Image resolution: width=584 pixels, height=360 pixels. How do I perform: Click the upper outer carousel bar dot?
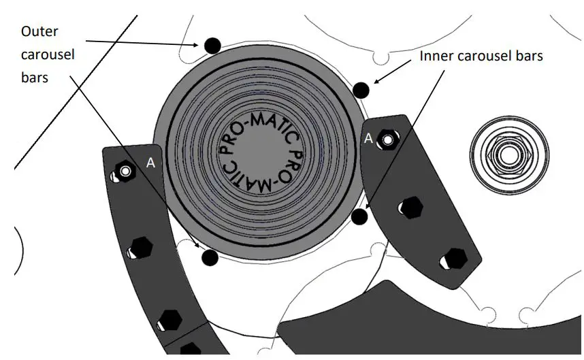(x=212, y=46)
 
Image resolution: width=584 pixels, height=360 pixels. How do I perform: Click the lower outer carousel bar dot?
(x=210, y=258)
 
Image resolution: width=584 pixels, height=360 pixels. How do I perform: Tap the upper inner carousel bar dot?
(x=361, y=89)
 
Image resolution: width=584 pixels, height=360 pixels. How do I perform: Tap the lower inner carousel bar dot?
(x=359, y=217)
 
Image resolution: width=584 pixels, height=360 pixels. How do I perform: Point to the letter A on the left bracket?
(x=150, y=163)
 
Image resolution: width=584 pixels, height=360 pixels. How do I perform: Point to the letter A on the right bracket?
(x=368, y=138)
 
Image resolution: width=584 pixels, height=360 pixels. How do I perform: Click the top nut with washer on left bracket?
(x=125, y=171)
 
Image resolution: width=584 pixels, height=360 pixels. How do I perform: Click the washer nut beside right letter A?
(x=388, y=140)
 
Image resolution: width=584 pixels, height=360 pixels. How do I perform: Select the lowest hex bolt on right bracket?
(x=453, y=259)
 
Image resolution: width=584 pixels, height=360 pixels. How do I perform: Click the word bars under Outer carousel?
(x=35, y=78)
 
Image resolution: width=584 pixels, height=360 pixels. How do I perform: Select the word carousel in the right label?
(x=481, y=56)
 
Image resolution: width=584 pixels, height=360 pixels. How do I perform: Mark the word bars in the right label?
(x=529, y=56)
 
